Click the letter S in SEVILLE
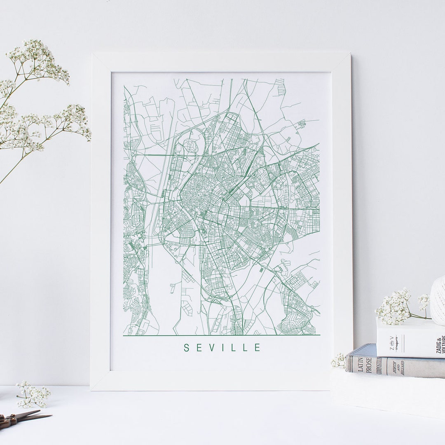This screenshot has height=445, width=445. point(186,348)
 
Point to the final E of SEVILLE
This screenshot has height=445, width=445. point(258,348)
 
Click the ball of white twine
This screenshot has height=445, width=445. point(438,300)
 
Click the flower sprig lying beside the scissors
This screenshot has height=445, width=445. point(33,395)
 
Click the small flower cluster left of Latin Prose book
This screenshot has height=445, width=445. point(339,361)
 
